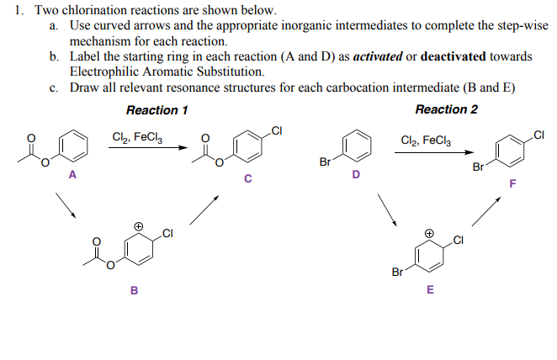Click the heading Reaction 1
point(156,110)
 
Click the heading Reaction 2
point(446,110)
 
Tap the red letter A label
point(72,176)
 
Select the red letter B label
point(133,291)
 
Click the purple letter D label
point(355,176)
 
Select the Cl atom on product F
point(540,134)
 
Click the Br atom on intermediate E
point(397,272)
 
